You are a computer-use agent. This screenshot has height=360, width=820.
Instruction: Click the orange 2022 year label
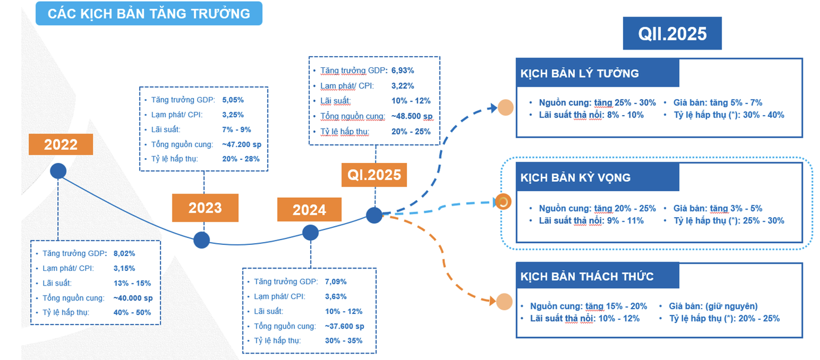(61, 145)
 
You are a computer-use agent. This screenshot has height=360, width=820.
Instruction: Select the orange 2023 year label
(205, 208)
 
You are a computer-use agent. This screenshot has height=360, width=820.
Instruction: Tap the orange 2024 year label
(310, 210)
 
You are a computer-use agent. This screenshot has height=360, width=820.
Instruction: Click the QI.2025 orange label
(373, 174)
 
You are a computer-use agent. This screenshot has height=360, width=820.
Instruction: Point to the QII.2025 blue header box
(672, 33)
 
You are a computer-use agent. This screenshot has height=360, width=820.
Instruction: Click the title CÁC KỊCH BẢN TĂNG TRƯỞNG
(149, 14)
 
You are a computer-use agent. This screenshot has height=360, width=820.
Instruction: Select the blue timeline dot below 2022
(58, 171)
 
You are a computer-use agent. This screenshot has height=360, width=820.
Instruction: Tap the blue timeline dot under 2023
(202, 240)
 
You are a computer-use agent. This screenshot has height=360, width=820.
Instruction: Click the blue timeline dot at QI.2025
(374, 215)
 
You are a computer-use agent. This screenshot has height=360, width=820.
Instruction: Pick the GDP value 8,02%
(124, 254)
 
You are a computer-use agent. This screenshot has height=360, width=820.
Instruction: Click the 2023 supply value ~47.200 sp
(241, 144)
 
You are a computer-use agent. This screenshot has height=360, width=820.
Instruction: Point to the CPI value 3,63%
(336, 296)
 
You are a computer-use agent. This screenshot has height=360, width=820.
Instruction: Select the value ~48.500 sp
(412, 116)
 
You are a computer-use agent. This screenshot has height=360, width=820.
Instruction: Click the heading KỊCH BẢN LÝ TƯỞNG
(579, 74)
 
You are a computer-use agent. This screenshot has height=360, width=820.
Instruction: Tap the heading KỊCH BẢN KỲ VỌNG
(575, 178)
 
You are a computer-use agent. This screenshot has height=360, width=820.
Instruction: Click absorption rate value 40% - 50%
(132, 312)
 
